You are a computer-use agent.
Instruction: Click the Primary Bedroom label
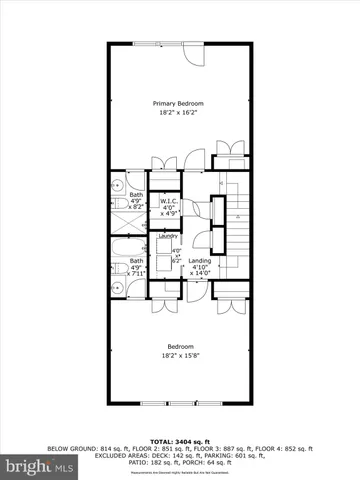click(179, 104)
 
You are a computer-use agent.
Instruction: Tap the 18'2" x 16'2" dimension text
click(179, 113)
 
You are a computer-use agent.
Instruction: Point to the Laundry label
click(167, 236)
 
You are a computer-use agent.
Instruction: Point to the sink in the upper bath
click(117, 184)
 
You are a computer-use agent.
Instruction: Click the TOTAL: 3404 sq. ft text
click(180, 441)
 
